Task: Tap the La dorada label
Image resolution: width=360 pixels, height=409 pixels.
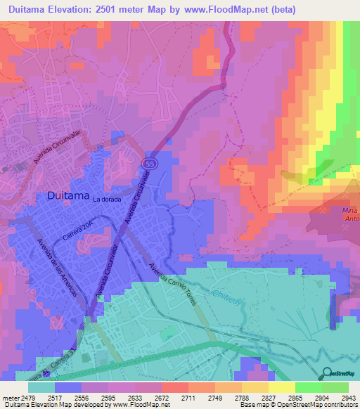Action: [107, 199]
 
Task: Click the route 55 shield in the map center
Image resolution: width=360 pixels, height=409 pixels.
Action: [153, 163]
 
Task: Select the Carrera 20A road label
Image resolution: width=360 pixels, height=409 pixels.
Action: [77, 232]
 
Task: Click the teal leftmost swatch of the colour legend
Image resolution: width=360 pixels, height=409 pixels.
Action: [41, 387]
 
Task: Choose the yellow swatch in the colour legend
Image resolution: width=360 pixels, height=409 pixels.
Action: [281, 387]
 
